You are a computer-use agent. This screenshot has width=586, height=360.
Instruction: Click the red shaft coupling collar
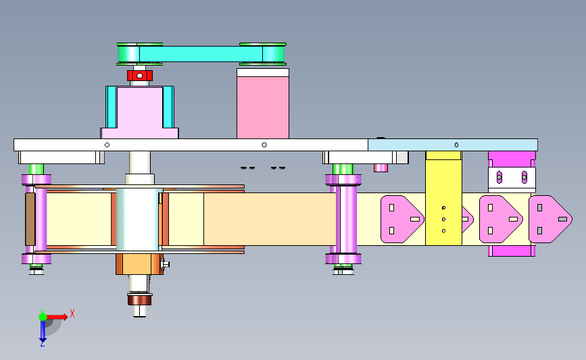point(140,76)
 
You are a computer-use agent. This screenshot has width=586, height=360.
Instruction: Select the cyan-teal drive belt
point(201,54)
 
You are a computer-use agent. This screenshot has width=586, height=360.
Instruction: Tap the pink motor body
point(263,107)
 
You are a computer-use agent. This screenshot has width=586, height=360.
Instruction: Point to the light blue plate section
point(453,145)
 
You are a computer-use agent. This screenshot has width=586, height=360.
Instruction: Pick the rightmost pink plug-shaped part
point(550,220)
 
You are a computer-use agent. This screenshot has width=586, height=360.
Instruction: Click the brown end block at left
point(30,220)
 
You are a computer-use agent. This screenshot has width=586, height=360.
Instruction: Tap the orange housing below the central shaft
point(139,264)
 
